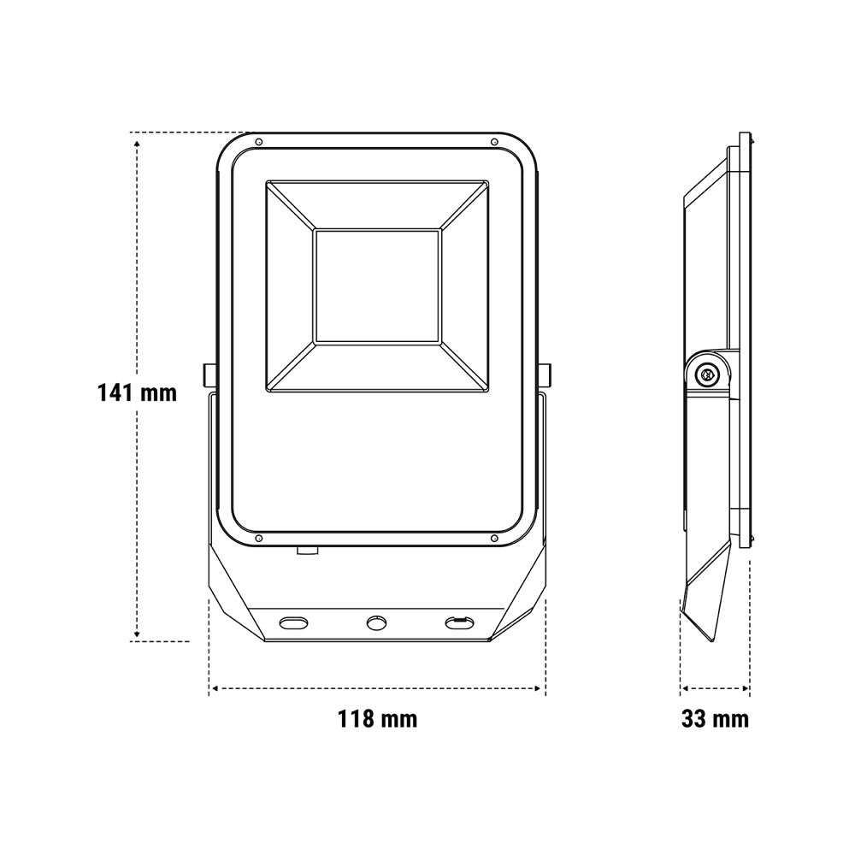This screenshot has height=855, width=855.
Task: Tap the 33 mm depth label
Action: coord(715,718)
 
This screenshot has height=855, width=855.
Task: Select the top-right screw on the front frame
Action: coord(494,143)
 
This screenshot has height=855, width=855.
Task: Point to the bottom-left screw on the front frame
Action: coord(259,538)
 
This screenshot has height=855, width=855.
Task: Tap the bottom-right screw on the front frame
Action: coord(494,538)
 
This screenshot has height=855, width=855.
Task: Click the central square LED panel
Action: coord(377,287)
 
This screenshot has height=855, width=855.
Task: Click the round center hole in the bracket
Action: coord(376,622)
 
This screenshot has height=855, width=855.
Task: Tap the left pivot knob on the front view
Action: coord(208,374)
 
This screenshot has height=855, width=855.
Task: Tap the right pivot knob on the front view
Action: coord(545,374)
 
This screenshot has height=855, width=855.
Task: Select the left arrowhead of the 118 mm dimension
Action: coord(214,687)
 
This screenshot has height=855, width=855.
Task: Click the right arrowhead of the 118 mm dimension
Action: coord(540,687)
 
